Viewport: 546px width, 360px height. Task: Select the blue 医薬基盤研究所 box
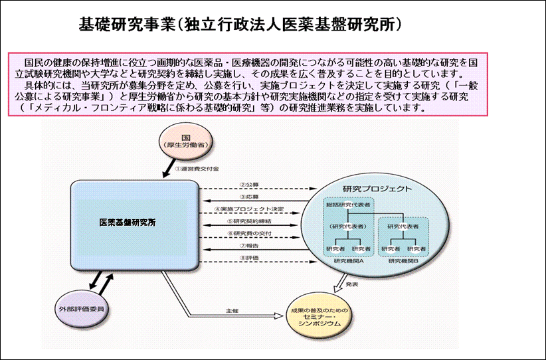(x=135, y=223)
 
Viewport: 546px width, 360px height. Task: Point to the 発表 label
(x=352, y=284)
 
